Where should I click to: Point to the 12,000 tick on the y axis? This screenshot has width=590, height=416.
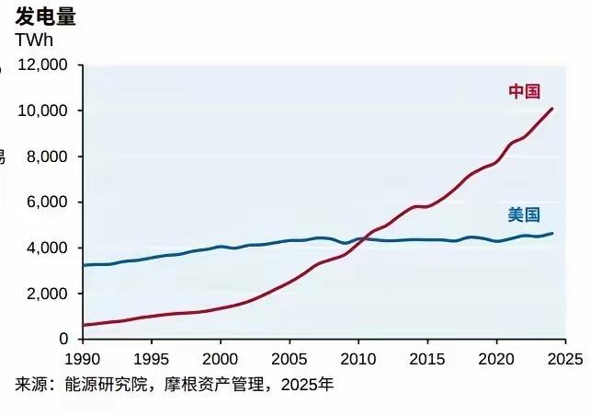click(43, 65)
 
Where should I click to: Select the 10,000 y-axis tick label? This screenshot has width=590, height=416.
click(43, 111)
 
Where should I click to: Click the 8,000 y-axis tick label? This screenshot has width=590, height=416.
click(47, 156)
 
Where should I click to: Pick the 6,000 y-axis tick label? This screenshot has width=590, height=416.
click(47, 202)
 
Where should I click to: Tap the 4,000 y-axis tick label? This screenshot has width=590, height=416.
click(47, 248)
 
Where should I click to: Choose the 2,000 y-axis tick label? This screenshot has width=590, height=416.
click(47, 294)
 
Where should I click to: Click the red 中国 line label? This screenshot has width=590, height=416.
click(524, 91)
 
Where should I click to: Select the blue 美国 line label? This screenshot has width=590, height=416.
click(524, 214)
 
